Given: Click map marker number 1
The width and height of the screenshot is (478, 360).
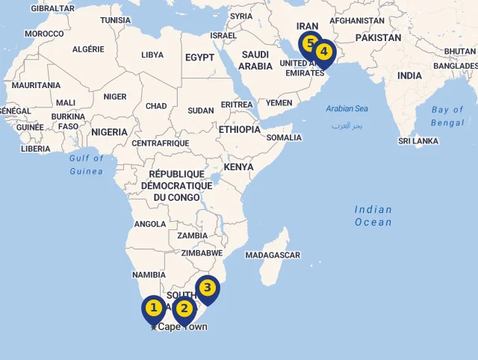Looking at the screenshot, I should (x=154, y=308).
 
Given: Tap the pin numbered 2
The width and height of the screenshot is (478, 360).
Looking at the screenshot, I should (x=184, y=309).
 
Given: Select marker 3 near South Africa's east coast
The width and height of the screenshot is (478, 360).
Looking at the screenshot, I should (x=208, y=288).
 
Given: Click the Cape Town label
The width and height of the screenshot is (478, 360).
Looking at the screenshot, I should (x=182, y=327).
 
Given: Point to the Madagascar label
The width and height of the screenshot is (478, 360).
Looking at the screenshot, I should (x=273, y=255).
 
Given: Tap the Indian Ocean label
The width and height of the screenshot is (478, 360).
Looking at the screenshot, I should (x=373, y=216).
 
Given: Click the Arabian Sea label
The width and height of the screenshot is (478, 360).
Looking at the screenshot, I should (x=347, y=109).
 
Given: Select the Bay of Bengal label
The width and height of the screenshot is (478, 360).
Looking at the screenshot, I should (x=447, y=116).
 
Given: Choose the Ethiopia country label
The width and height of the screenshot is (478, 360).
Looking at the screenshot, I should (x=240, y=129).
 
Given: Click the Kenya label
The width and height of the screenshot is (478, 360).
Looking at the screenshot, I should (x=239, y=167).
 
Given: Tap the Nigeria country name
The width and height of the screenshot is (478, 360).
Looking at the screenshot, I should (x=110, y=132).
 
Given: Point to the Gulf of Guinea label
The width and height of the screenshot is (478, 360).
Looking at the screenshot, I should (x=87, y=165).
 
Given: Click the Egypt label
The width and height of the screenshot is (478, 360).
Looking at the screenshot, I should (x=199, y=58).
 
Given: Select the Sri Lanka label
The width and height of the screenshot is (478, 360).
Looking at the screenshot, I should (x=418, y=141).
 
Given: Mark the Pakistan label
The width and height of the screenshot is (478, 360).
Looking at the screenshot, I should (x=378, y=37).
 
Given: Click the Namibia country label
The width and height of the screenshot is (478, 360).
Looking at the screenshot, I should (x=149, y=275).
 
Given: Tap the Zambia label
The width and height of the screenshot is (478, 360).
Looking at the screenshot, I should (x=193, y=236).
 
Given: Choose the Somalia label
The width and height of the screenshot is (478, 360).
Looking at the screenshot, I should (x=284, y=137).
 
